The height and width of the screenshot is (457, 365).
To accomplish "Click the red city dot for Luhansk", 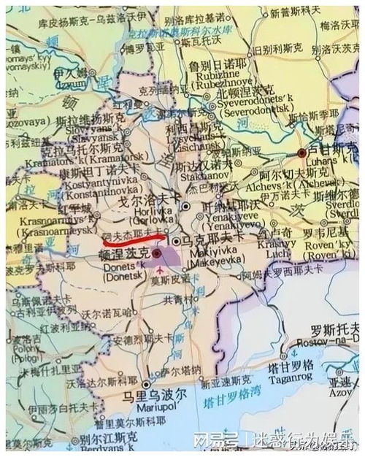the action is tap(301, 153).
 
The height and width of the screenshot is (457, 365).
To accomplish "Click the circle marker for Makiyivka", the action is tap(177, 240).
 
